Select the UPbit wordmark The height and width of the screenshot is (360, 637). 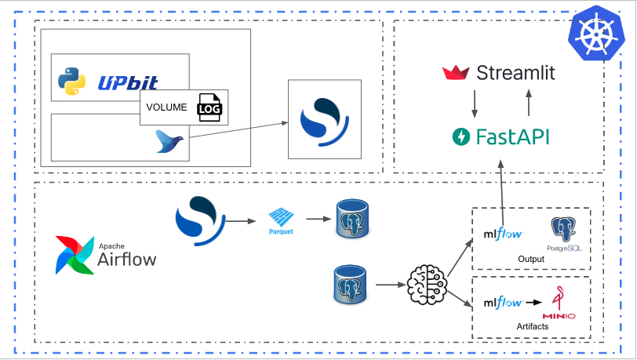tap(128, 82)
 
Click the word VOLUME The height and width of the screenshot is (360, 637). tap(166, 108)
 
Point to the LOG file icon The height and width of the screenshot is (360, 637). tap(209, 108)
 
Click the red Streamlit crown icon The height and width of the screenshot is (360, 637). tap(456, 73)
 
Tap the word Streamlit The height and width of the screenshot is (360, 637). tap(515, 73)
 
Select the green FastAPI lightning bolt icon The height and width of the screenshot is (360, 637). tap(460, 137)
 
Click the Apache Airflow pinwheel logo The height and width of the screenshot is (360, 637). tap(73, 254)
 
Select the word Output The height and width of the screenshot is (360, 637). tap(531, 260)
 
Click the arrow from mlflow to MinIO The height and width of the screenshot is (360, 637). tap(533, 302)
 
